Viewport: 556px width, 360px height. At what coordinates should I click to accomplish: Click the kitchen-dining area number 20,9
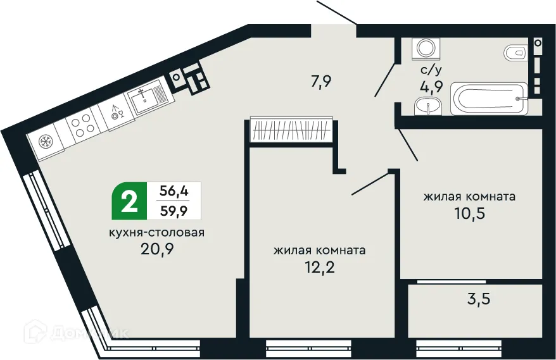pos(158,249)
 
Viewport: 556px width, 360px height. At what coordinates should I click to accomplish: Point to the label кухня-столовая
pos(156,232)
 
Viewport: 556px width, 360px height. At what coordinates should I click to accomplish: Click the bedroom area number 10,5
pos(469,213)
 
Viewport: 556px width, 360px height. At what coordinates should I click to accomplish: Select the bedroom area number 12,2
pos(319,266)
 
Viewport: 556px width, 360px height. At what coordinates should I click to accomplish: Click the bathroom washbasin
pos(428,108)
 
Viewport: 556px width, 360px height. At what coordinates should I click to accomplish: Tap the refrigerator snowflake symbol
pos(46,141)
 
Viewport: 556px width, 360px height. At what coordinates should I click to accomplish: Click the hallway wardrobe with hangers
pos(291,130)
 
